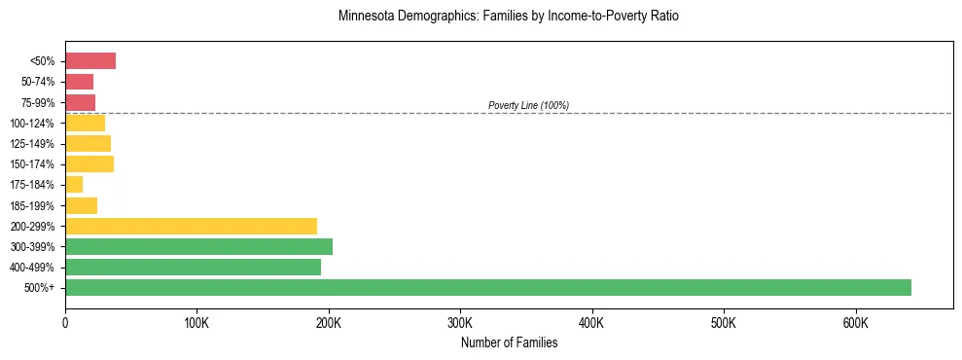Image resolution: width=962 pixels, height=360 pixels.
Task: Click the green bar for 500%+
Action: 488,287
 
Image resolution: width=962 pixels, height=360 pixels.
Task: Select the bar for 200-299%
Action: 191,226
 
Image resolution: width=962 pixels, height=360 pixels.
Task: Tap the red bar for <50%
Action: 90,61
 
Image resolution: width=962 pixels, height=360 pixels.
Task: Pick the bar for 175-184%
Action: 74,185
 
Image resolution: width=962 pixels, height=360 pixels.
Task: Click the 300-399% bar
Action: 198,246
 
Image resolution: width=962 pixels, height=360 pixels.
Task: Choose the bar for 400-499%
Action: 193,267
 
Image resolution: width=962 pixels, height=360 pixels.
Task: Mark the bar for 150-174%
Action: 89,164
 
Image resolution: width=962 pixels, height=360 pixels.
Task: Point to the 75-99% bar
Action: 80,102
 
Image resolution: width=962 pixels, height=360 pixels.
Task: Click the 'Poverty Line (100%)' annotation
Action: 528,105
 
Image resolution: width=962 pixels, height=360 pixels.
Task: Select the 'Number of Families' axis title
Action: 509,342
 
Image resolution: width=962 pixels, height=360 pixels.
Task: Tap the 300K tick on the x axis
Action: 460,322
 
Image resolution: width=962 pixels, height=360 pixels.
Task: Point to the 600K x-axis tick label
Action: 855,322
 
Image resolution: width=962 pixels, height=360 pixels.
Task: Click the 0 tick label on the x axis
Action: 65,322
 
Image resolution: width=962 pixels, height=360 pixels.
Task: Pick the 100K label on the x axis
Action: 196,322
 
